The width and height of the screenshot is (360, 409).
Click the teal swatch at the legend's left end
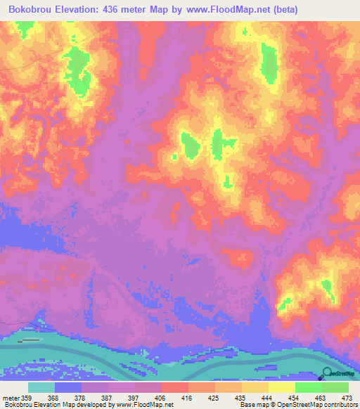[41, 387]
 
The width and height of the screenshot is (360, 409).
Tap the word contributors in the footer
[340, 405]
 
